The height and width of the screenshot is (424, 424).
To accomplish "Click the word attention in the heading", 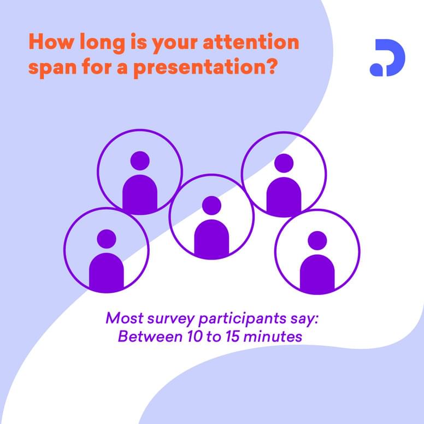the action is pos(251,42).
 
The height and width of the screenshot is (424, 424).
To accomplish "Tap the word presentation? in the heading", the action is pos(205,68).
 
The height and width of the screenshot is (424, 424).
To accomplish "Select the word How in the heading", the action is pos(51,42).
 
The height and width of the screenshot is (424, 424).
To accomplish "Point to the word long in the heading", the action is pos(102,43).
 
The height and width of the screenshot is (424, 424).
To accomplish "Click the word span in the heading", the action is pos(52,69).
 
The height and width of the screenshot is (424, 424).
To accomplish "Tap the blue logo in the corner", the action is pos(387,57).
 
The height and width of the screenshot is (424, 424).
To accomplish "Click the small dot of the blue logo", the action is pos(376,69).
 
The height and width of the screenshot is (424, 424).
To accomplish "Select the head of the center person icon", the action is pos(211,206).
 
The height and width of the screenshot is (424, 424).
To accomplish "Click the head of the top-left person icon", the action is pos(140,161).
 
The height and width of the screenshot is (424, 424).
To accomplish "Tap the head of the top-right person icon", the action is pos(284,163).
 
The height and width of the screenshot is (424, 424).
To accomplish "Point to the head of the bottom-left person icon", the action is pos(107,239).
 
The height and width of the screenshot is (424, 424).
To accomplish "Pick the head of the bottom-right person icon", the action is pos(317,240).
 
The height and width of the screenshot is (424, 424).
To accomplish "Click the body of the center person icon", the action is pos(211,238).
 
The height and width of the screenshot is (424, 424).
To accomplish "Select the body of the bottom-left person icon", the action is pos(107,272).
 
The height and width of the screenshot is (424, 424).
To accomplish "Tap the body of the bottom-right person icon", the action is pos(317,273).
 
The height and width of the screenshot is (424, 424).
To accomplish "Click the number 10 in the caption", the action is pos(195,337).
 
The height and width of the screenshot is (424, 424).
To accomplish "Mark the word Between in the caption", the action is pos(150,337).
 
